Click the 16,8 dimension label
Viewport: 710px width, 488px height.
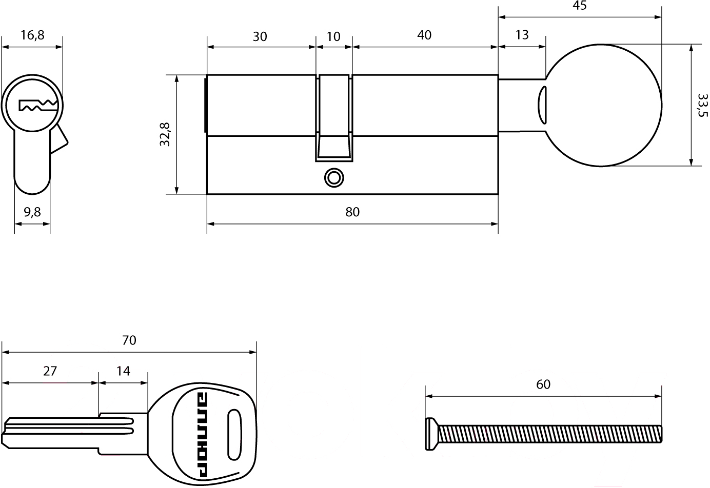(x=32, y=35)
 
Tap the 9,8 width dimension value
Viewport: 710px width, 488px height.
(x=32, y=212)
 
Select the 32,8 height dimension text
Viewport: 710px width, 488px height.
(x=165, y=134)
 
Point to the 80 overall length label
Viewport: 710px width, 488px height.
(x=352, y=212)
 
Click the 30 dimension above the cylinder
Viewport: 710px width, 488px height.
(x=260, y=37)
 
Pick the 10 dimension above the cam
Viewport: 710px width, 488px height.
(x=333, y=37)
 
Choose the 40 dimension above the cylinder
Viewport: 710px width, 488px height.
(x=424, y=35)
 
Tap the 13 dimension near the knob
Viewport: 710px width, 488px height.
(x=522, y=35)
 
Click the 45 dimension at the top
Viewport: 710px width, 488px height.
(x=580, y=6)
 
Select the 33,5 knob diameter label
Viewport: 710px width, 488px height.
(x=703, y=105)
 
